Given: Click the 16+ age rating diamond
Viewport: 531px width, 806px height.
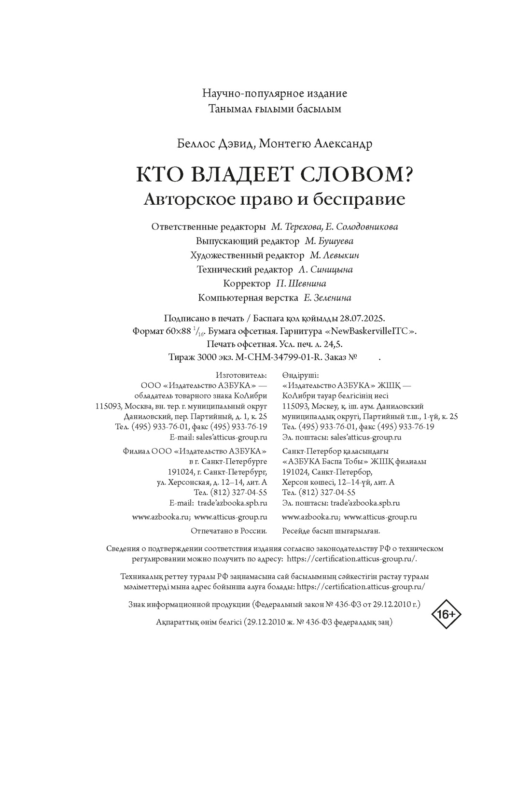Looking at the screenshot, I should click(x=446, y=614).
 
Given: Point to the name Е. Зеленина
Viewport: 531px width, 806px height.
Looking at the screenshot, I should click(x=327, y=298).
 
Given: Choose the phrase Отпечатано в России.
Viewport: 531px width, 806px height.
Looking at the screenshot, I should click(x=229, y=531).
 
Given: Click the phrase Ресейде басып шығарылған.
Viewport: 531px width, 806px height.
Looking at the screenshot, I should click(x=331, y=531).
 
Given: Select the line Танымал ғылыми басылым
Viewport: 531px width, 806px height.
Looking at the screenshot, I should click(x=275, y=109).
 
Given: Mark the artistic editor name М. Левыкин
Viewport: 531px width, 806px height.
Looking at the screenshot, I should click(x=334, y=255).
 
